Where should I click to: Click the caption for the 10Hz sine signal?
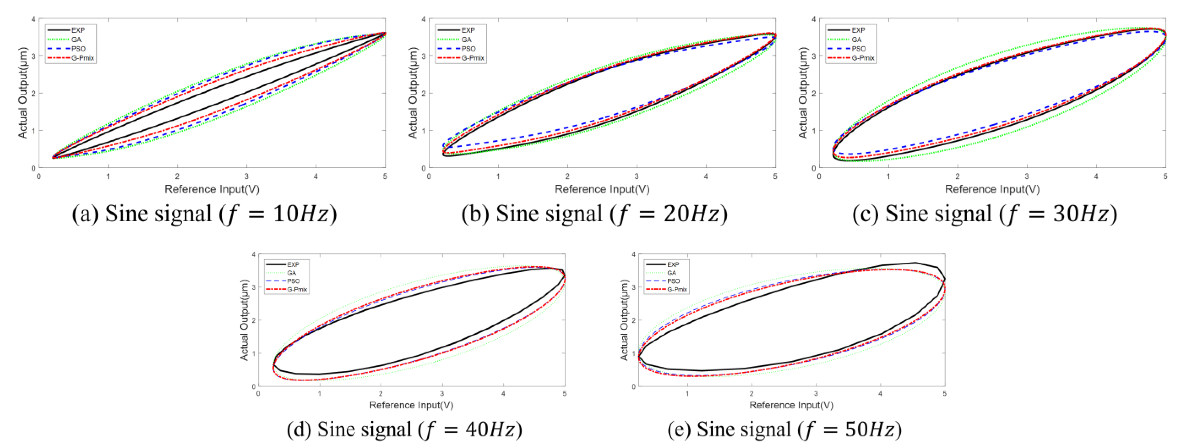click(204, 214)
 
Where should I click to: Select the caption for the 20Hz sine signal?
click(594, 214)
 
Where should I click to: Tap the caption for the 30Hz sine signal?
click(985, 214)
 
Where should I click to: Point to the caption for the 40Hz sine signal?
click(404, 430)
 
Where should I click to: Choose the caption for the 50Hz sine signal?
click(784, 430)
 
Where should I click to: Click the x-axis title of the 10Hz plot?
click(212, 189)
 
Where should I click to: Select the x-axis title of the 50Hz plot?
click(791, 405)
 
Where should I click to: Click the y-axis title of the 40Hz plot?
click(245, 320)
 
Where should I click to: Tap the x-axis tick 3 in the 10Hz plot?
click(247, 176)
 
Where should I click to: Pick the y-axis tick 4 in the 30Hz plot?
click(813, 19)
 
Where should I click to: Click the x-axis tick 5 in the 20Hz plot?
click(775, 176)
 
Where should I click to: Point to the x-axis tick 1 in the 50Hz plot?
click(687, 393)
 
